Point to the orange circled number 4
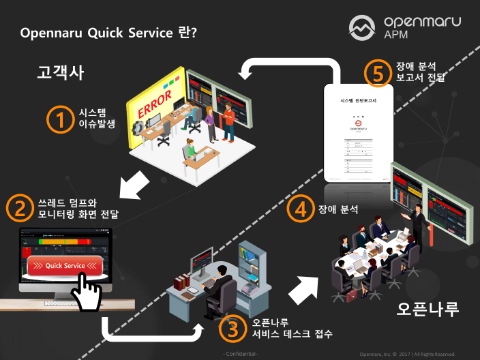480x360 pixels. click(296, 209)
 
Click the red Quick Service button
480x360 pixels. click(65, 265)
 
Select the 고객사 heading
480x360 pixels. click(60, 72)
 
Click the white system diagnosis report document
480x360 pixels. click(359, 132)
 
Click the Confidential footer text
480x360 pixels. click(241, 354)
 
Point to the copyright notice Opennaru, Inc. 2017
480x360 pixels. click(408, 354)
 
